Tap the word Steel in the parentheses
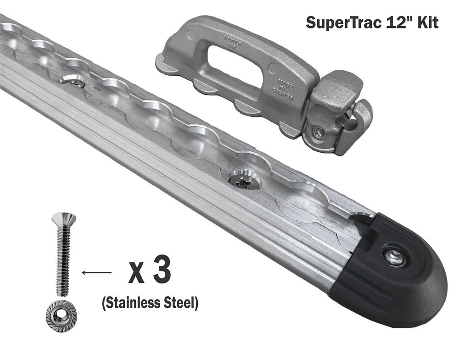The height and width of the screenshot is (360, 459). [179, 303]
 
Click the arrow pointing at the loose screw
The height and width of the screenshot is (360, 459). [96, 273]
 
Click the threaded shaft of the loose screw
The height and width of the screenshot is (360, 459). [62, 261]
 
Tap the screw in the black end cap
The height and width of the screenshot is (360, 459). [393, 257]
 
